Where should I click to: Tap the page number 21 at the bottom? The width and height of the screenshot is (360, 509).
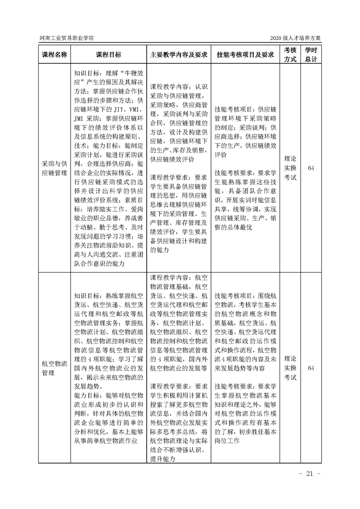(311, 474)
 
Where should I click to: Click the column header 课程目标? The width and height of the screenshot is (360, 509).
(108, 54)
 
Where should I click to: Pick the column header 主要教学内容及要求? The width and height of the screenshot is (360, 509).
(178, 54)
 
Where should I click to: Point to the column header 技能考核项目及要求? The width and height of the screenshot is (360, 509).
(245, 54)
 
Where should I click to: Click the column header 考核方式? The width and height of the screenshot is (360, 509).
(290, 54)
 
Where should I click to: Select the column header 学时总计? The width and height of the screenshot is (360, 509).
(311, 54)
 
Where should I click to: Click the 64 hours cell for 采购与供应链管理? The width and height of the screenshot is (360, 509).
(311, 168)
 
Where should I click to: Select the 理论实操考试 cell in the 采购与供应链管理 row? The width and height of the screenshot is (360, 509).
(290, 168)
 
